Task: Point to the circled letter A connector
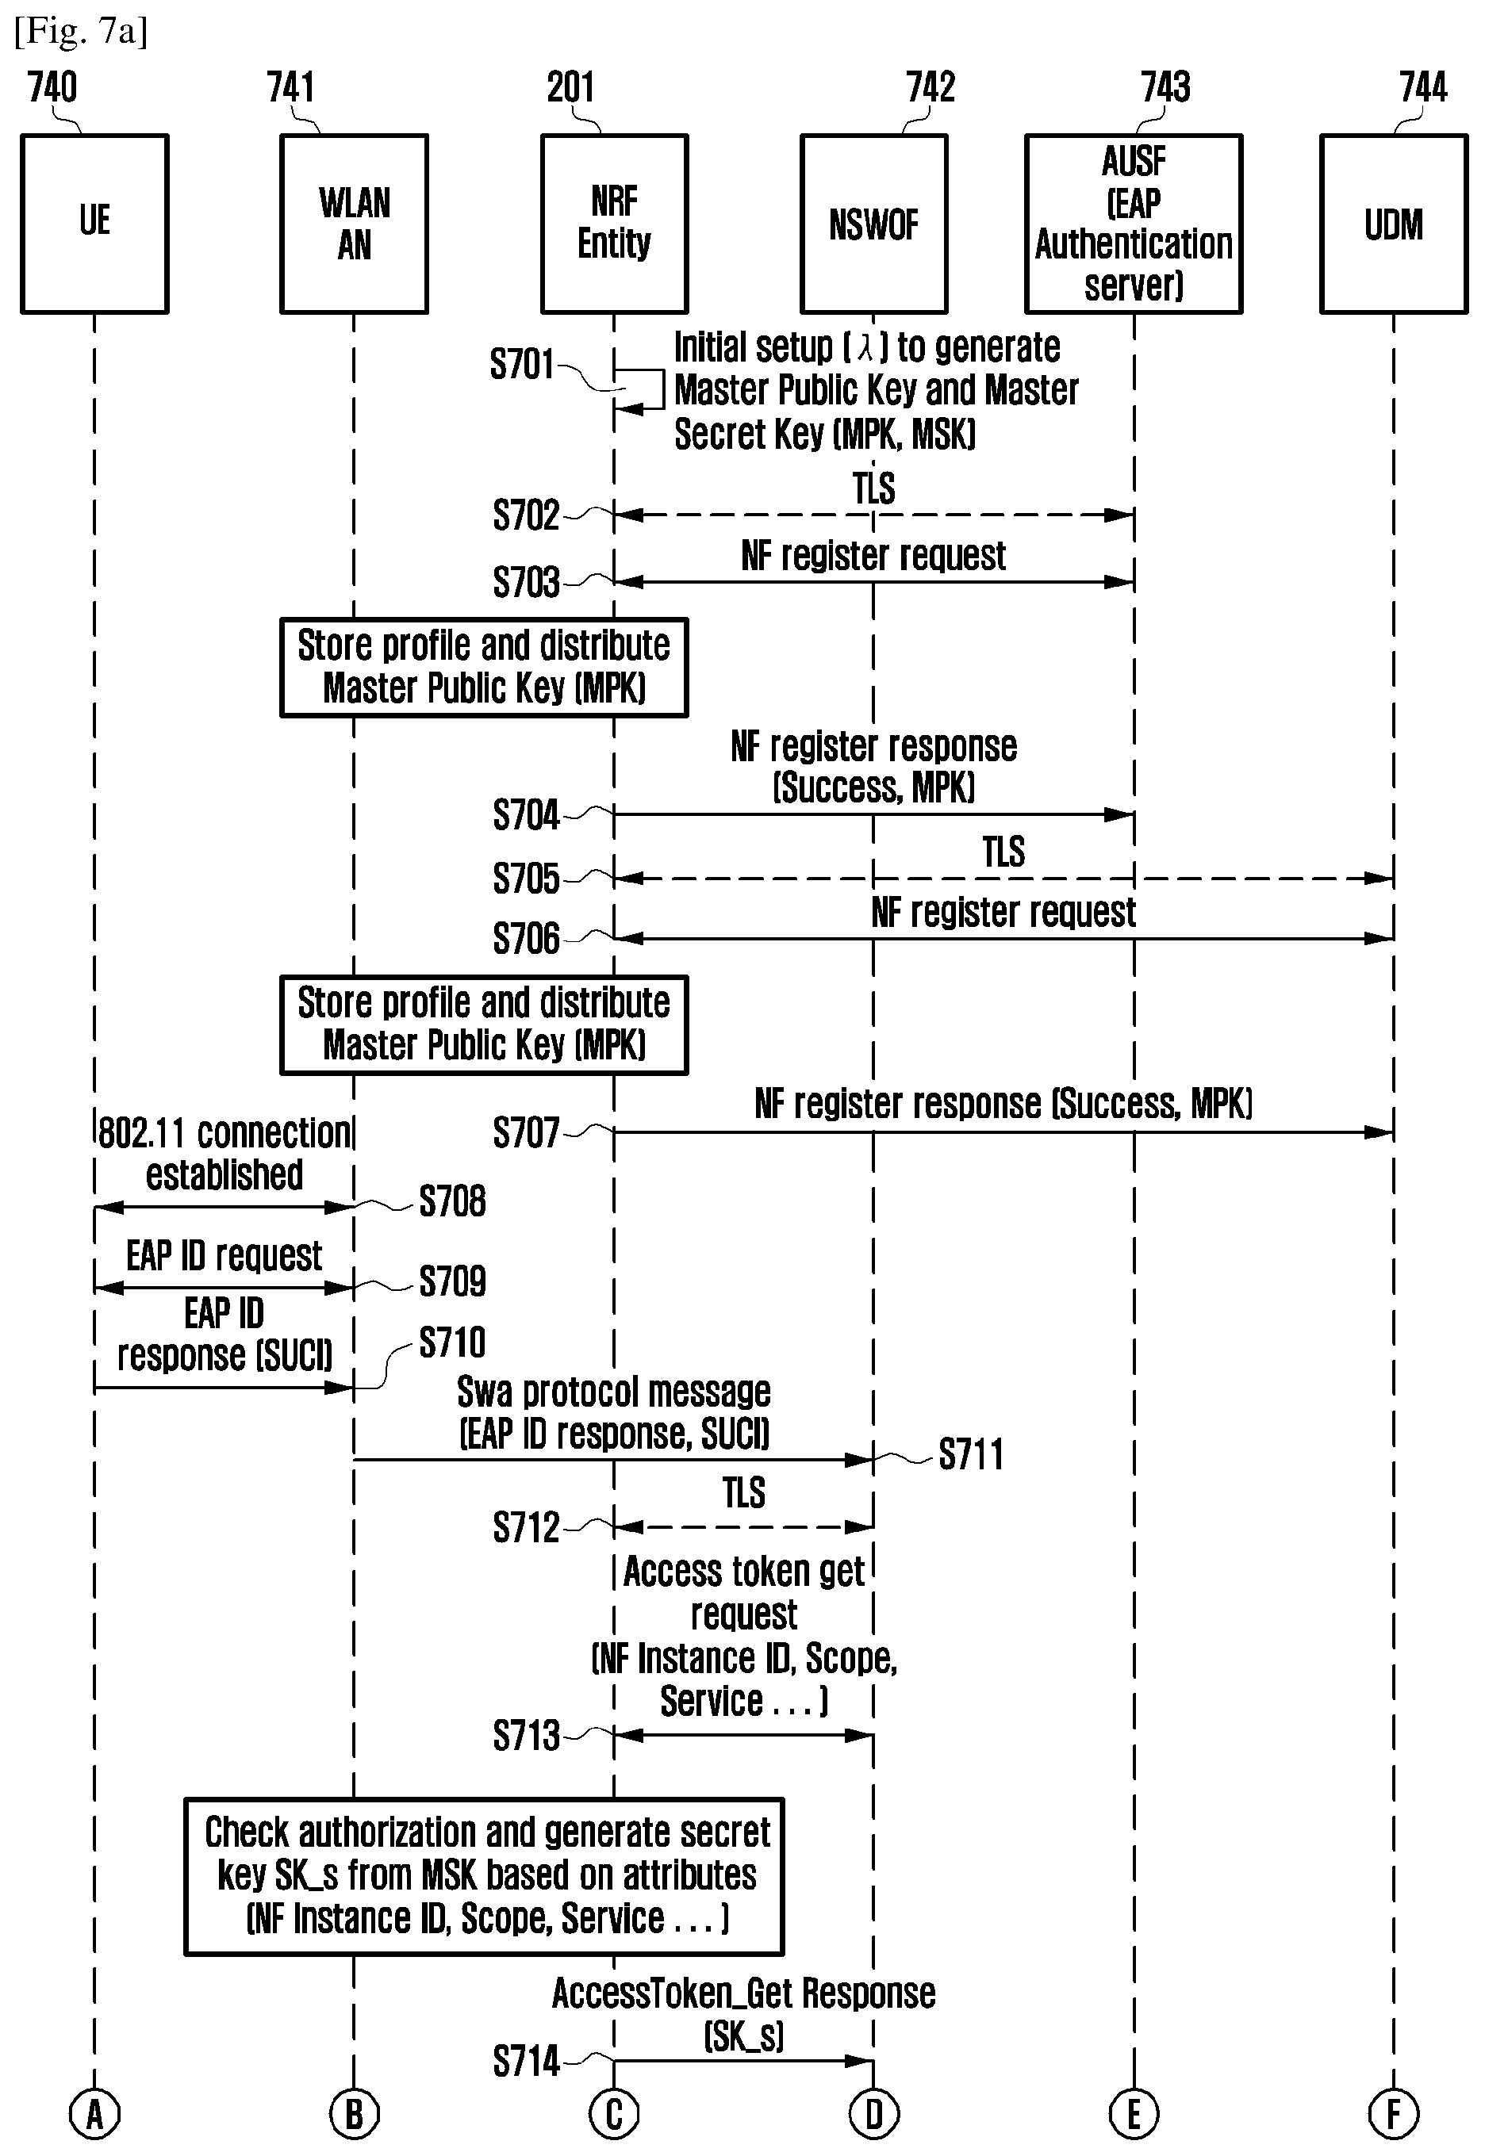coord(94,2114)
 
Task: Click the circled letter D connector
coord(873,2114)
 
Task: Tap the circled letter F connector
coord(1394,2114)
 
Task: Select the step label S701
coord(522,364)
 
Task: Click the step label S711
coord(970,1453)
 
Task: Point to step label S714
coord(526,2061)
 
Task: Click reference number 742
coord(931,87)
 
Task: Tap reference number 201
coord(570,87)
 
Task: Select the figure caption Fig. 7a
coord(81,32)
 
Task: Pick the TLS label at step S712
coord(743,1493)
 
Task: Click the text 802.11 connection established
coord(224,1154)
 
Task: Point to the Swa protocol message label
coord(614,1412)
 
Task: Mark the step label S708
coord(452,1201)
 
